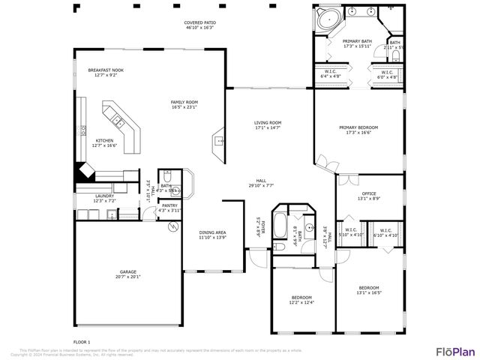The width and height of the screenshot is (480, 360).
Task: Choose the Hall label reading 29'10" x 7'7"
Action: tap(261, 182)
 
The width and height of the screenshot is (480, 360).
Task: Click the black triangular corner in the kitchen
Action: tap(81, 172)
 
